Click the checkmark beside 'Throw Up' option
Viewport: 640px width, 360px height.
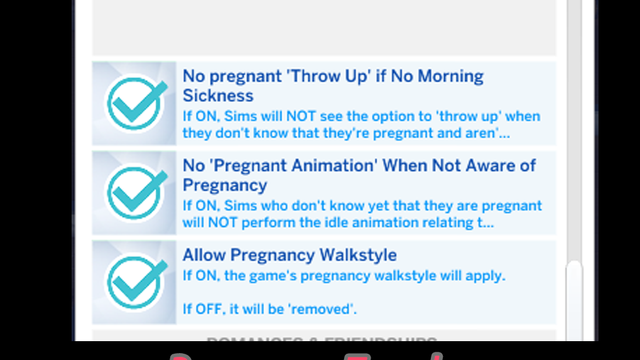(x=134, y=104)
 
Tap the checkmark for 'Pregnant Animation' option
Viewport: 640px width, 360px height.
(x=134, y=193)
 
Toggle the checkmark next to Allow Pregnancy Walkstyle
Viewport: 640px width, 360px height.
(x=134, y=282)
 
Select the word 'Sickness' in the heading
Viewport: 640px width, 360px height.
(x=218, y=95)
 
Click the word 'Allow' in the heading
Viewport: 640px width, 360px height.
(x=204, y=255)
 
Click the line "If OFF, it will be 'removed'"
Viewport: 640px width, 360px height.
(x=269, y=309)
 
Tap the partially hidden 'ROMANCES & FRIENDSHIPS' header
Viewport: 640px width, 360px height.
(x=322, y=339)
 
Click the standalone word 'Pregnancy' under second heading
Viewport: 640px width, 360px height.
(x=224, y=185)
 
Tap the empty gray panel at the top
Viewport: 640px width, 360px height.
(x=323, y=28)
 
